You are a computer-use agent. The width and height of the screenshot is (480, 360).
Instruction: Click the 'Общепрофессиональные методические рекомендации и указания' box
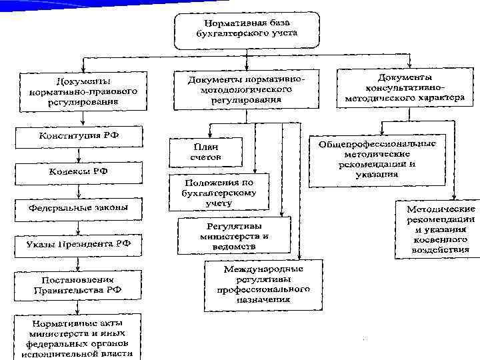pos(377,160)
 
